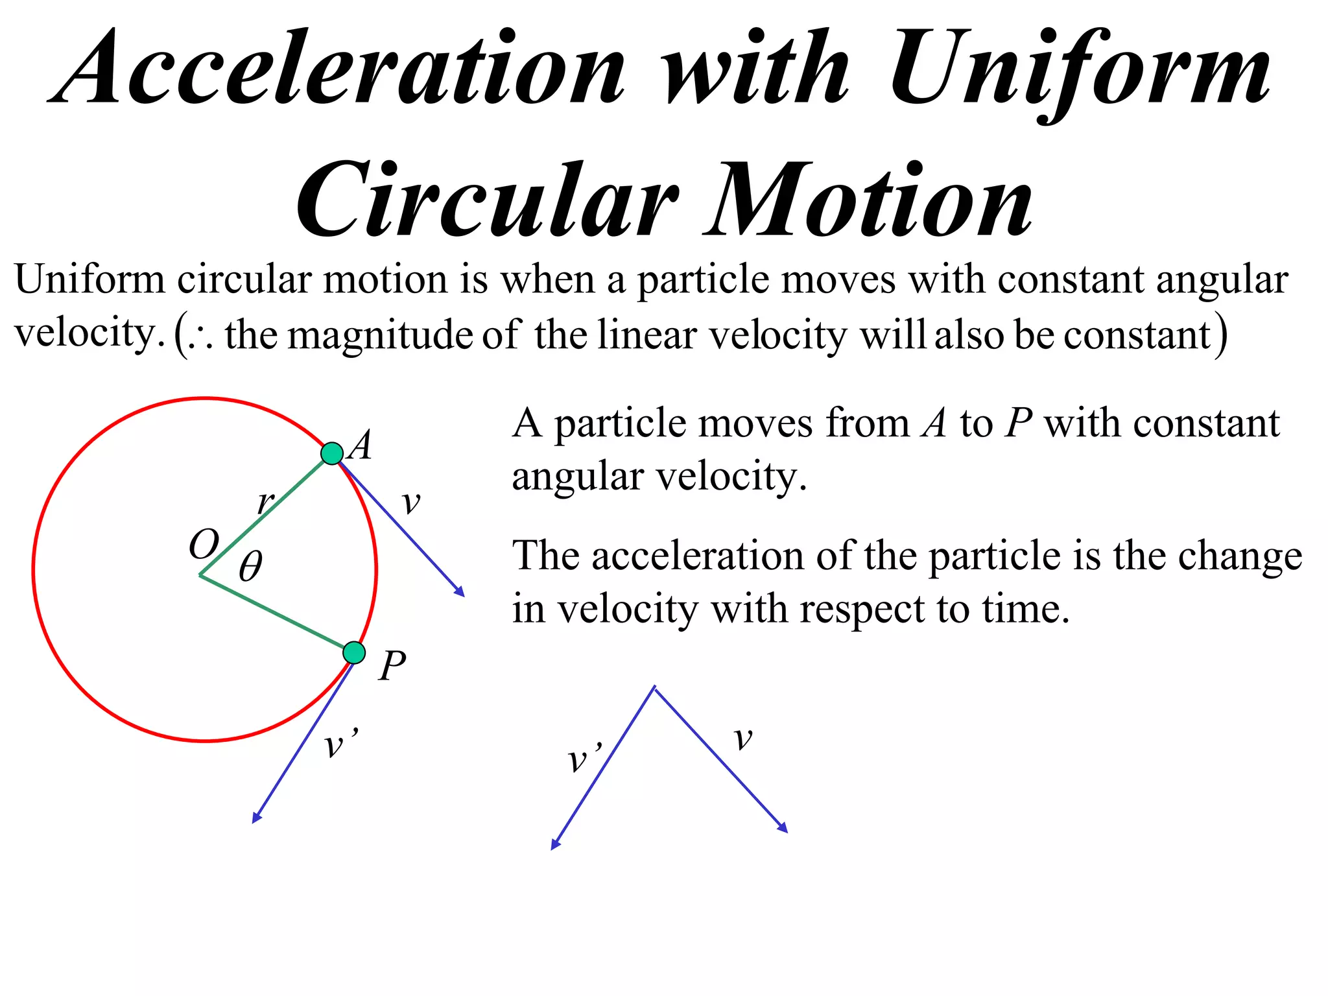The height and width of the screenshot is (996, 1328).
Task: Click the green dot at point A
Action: pyautogui.click(x=332, y=453)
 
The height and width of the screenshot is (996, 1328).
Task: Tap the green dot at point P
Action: pyautogui.click(x=354, y=652)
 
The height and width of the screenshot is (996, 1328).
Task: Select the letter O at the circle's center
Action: pyautogui.click(x=204, y=543)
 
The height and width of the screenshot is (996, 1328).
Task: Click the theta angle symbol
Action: pyautogui.click(x=250, y=566)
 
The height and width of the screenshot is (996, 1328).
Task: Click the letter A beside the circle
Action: pyautogui.click(x=360, y=445)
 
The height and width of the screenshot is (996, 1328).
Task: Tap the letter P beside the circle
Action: pyautogui.click(x=392, y=665)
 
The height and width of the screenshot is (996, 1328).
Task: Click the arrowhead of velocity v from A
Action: pyautogui.click(x=460, y=592)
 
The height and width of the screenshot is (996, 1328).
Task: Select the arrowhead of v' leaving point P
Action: pyautogui.click(x=256, y=818)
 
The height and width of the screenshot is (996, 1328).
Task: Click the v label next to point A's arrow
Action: pyautogui.click(x=411, y=503)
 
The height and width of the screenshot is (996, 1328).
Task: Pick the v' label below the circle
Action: pyautogui.click(x=339, y=744)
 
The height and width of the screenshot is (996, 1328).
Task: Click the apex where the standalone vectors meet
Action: pyautogui.click(x=654, y=688)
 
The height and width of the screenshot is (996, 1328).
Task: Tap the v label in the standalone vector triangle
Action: pyautogui.click(x=743, y=738)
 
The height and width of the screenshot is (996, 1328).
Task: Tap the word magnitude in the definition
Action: pyautogui.click(x=381, y=335)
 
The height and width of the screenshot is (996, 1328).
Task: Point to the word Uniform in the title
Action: pyautogui.click(x=1080, y=68)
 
